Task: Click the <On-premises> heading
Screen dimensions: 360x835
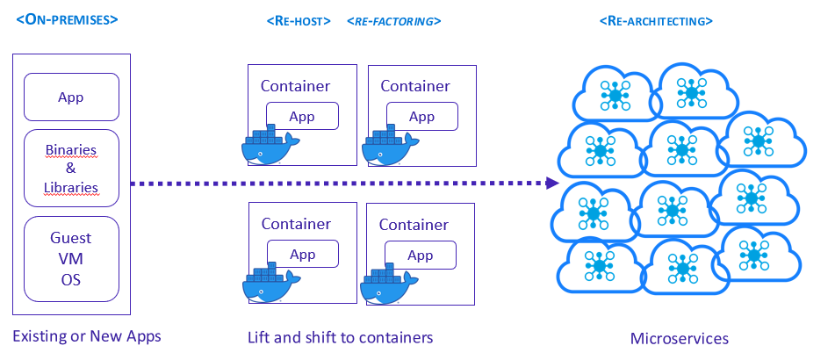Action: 67,18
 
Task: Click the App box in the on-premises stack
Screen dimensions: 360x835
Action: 70,97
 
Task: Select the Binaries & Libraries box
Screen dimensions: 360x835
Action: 70,169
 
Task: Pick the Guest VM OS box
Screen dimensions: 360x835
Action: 70,259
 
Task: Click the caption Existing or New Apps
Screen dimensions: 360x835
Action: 87,336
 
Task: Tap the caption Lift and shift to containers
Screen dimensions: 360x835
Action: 340,337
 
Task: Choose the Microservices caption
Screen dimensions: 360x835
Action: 679,339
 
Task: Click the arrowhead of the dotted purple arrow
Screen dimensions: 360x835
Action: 551,183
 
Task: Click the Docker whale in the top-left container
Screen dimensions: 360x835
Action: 270,147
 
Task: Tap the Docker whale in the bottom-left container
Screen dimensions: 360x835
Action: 270,284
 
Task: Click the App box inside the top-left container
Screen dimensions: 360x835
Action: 302,116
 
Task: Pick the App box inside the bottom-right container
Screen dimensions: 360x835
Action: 421,256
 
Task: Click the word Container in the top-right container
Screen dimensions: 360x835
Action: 414,86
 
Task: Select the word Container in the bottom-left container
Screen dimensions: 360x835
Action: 296,225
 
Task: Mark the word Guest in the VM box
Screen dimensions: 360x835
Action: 70,238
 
